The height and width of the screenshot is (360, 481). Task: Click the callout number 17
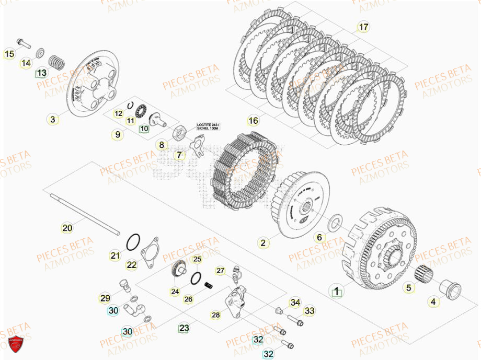pyautogui.click(x=363, y=27)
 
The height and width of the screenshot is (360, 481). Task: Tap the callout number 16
pyautogui.click(x=253, y=121)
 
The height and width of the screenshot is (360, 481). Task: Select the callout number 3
pyautogui.click(x=52, y=120)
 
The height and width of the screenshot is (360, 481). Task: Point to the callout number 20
pyautogui.click(x=67, y=228)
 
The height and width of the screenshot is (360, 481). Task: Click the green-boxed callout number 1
pyautogui.click(x=337, y=290)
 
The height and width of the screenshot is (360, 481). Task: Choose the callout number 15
pyautogui.click(x=9, y=53)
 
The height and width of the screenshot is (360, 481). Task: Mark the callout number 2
pyautogui.click(x=263, y=242)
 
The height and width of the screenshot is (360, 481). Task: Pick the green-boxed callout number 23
pyautogui.click(x=184, y=328)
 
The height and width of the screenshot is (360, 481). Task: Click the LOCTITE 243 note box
pyautogui.click(x=208, y=126)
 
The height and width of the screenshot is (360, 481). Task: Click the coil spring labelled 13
pyautogui.click(x=56, y=62)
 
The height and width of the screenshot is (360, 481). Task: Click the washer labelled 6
pyautogui.click(x=332, y=224)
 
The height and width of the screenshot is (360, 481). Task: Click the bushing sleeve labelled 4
pyautogui.click(x=449, y=287)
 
